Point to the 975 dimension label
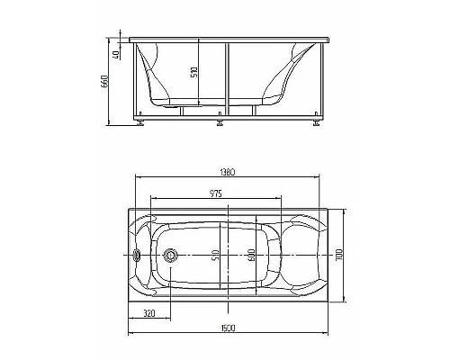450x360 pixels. pos(215,193)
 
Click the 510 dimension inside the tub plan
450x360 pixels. pos(216,256)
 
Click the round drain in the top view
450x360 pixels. pos(168,255)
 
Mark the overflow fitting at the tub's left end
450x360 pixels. pos(138,255)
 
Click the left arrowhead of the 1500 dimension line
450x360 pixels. pos(131,333)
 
